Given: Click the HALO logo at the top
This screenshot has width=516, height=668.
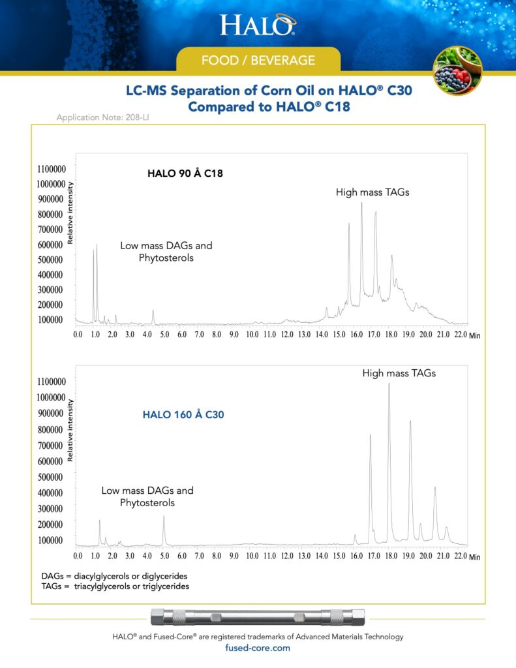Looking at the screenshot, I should point(258,25).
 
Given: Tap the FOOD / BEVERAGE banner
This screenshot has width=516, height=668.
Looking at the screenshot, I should point(258,61).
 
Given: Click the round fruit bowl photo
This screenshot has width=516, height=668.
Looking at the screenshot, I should point(457,70).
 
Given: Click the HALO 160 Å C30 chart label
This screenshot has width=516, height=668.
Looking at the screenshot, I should point(183,414).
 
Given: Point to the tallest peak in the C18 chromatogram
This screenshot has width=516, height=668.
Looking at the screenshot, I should point(361,204).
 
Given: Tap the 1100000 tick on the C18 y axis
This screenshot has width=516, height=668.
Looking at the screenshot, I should point(50,169).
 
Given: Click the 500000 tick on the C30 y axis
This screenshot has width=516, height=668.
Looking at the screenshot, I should point(50,477).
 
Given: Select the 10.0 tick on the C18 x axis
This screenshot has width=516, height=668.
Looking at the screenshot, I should point(252,335).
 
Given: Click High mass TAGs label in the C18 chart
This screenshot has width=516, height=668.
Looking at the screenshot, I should point(372,192).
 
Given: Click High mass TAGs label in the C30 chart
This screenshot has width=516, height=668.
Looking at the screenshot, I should point(399,374).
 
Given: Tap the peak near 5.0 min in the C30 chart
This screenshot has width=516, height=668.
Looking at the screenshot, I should point(164,518).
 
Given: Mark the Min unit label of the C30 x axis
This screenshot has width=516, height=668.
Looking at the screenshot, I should point(474,557).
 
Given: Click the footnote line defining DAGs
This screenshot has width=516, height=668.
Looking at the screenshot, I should point(114,577).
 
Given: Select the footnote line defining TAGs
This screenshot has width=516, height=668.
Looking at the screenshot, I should point(115,586).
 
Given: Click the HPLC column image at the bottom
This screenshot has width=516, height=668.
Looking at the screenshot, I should point(258,617).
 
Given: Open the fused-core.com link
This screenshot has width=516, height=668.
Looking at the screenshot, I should point(258,648).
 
